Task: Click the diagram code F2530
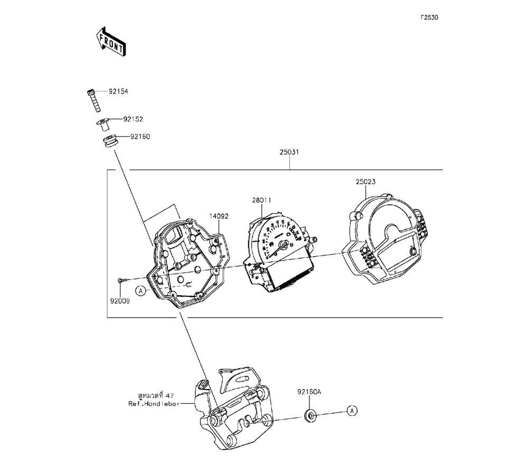click(x=429, y=17)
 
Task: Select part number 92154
click(x=118, y=91)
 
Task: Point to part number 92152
click(x=133, y=119)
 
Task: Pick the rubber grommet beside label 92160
click(x=109, y=142)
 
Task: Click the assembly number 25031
click(x=290, y=152)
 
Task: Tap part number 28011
click(x=262, y=200)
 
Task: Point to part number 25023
click(x=365, y=181)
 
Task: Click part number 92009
click(x=120, y=300)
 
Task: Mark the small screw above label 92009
click(x=121, y=279)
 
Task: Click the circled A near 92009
click(x=140, y=290)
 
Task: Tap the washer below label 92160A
click(x=310, y=415)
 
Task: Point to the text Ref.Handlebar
click(x=154, y=403)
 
